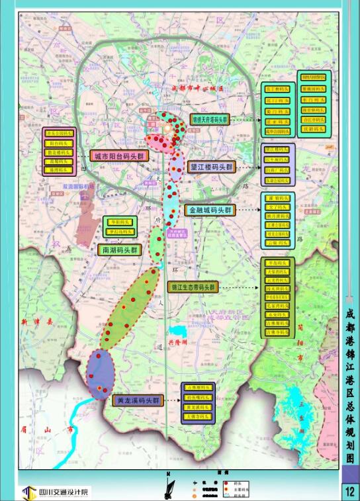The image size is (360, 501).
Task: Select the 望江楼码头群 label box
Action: [211, 167]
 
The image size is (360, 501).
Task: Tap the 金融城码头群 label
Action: [210, 210]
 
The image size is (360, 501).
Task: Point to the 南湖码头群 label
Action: [120, 250]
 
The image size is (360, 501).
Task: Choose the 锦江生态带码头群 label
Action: [193, 287]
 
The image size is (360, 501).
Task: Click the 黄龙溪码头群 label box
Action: [138, 400]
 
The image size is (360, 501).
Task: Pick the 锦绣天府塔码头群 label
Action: [210, 120]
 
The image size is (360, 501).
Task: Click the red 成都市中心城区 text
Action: [199, 87]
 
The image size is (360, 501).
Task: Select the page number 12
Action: [350, 491]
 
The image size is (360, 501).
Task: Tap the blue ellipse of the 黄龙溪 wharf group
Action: [101, 375]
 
